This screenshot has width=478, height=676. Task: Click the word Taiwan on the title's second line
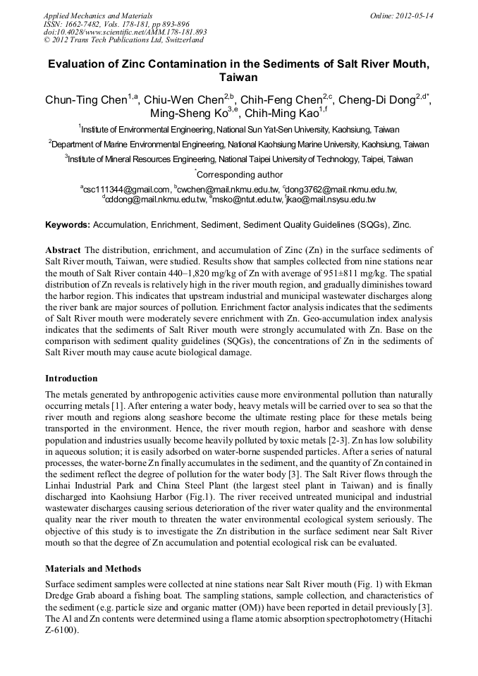[x=238, y=78]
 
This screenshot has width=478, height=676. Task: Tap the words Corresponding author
[x=240, y=175]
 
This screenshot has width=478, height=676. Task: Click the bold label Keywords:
[x=68, y=226]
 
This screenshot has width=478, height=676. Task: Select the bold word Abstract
[x=63, y=250]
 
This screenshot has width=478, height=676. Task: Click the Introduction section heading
[x=71, y=379]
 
